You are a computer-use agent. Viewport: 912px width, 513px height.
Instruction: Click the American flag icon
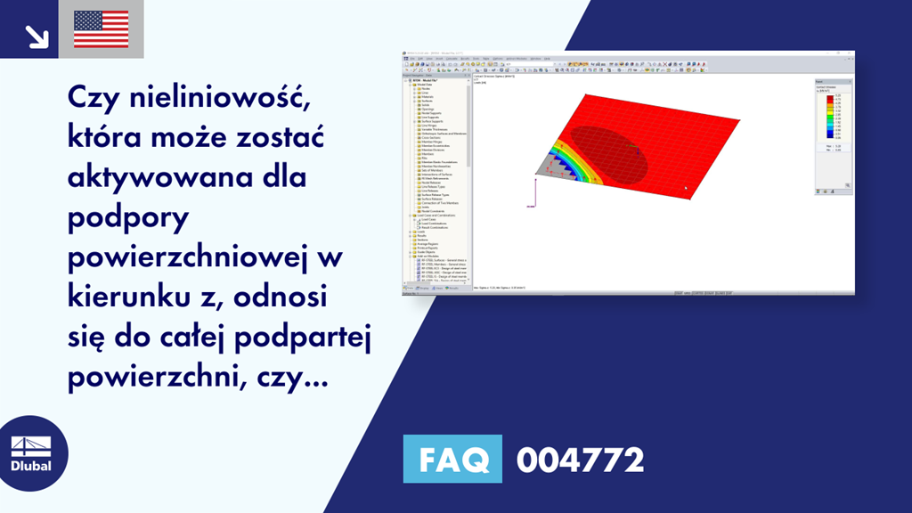102,29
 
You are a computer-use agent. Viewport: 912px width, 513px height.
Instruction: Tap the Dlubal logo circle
30,455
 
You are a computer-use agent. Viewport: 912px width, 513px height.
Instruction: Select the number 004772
580,460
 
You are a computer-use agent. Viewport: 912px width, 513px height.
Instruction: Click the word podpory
125,216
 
